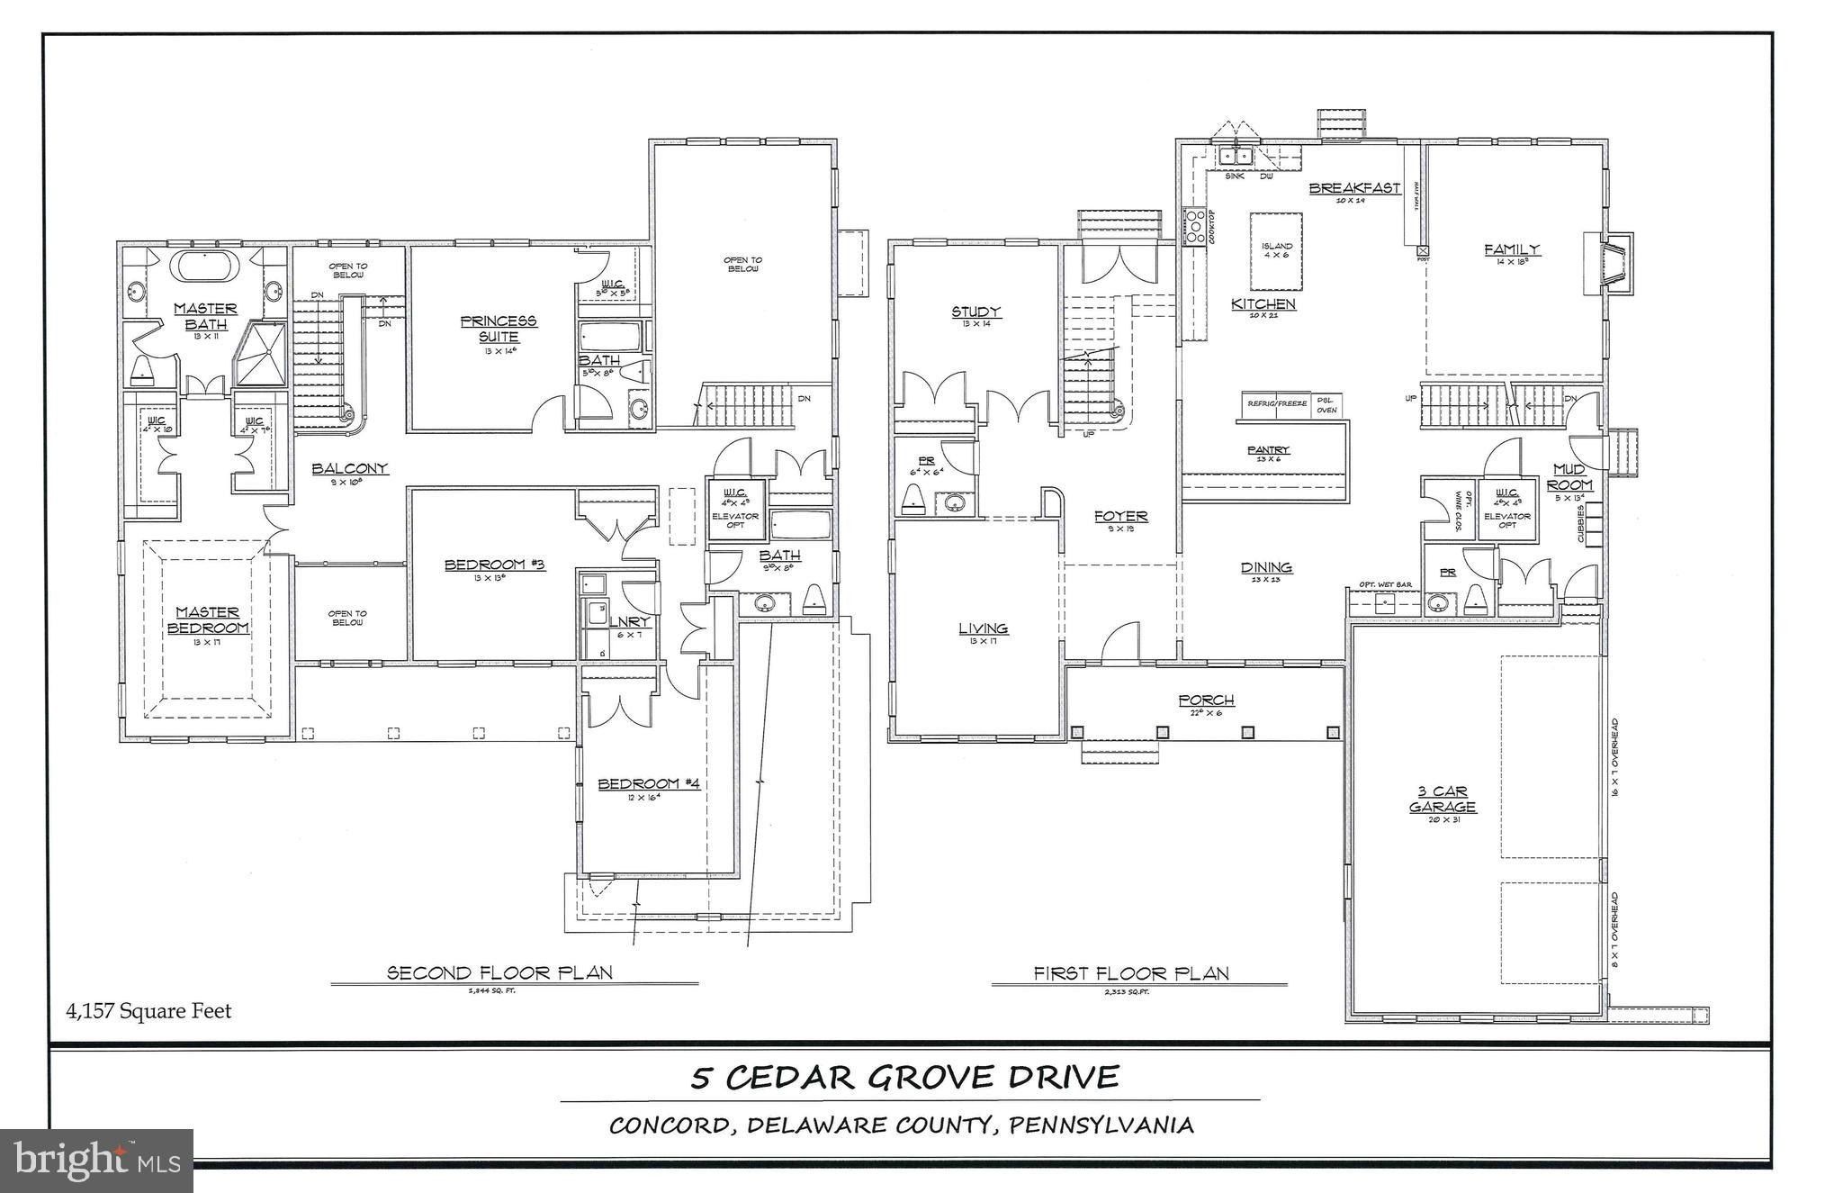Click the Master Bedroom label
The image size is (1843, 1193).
point(207,619)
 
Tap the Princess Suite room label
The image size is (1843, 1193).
point(498,328)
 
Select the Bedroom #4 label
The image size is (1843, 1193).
point(649,783)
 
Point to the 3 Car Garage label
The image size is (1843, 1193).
point(1443,799)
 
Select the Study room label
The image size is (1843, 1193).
point(976,312)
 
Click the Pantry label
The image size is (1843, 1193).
point(1269,449)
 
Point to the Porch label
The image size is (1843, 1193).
point(1206,700)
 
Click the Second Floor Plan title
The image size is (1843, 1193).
point(499,972)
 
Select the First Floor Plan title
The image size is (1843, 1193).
point(1131,972)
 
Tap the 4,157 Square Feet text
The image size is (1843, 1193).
point(148,1011)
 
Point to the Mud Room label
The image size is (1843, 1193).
point(1569,477)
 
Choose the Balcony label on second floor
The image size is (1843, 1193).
point(350,468)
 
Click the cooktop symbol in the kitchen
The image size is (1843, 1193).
point(1195,227)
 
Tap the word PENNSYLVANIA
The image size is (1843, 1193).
point(1101,1125)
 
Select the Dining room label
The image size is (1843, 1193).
point(1266,567)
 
